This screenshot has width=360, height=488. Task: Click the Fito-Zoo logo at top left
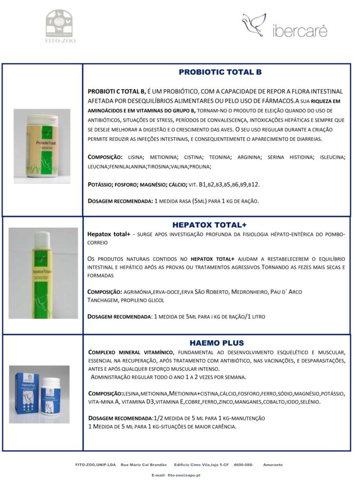click(60, 25)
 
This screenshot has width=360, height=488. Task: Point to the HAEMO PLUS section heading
click(217, 342)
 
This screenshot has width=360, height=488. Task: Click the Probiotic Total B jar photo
click(42, 146)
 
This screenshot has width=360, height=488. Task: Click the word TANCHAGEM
click(103, 300)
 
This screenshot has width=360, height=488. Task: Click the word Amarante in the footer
click(273, 464)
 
